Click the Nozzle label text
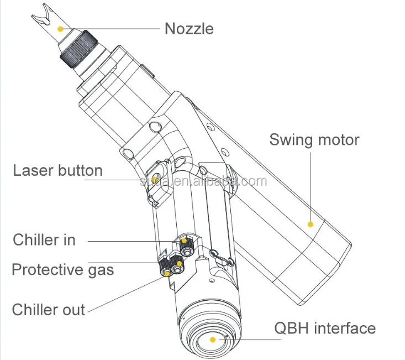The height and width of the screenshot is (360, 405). click(x=188, y=28)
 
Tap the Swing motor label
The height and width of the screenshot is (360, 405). click(x=314, y=139)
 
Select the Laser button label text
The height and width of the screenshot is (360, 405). click(x=58, y=170)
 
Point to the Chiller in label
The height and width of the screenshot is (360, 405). click(x=44, y=240)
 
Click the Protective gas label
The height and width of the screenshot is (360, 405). click(x=62, y=270)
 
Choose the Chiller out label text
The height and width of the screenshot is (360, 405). click(x=49, y=309)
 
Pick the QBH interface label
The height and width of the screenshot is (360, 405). click(x=325, y=328)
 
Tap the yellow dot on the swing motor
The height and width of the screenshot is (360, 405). click(x=311, y=224)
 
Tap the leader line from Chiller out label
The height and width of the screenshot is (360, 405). click(x=122, y=293)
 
